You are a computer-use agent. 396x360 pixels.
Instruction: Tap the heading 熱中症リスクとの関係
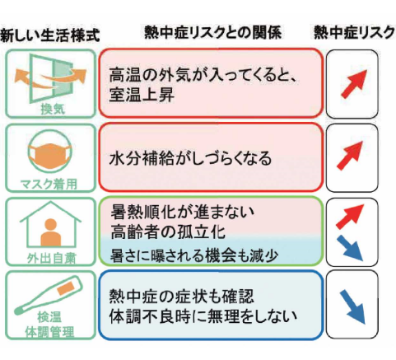pos(213,32)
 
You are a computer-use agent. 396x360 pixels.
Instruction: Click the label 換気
pos(53,109)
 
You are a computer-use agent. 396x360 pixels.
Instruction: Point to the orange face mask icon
pos(50,154)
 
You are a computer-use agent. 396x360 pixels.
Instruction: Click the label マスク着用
pos(49,184)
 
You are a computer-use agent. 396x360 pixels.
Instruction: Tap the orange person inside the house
pos(51,232)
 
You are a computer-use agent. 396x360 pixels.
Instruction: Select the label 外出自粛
pos(51,258)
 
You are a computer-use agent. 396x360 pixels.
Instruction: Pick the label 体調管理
pos(49,332)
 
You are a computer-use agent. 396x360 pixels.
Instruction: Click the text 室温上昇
pos(142,95)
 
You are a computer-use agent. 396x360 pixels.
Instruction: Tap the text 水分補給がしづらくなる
pos(190,159)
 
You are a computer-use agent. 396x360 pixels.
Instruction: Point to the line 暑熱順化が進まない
pos(183,213)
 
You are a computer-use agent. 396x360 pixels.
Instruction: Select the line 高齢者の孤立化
pos(168,231)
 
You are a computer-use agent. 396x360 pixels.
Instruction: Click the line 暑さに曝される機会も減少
pos(194,255)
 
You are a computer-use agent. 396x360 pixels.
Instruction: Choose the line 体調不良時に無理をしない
pos(203,316)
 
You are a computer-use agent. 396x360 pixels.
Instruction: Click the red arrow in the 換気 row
pos(354,84)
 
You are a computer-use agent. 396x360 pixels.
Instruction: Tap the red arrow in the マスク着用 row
pos(350,156)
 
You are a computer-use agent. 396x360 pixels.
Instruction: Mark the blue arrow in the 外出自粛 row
pos(350,248)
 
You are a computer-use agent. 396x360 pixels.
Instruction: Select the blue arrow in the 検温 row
pos(352,307)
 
